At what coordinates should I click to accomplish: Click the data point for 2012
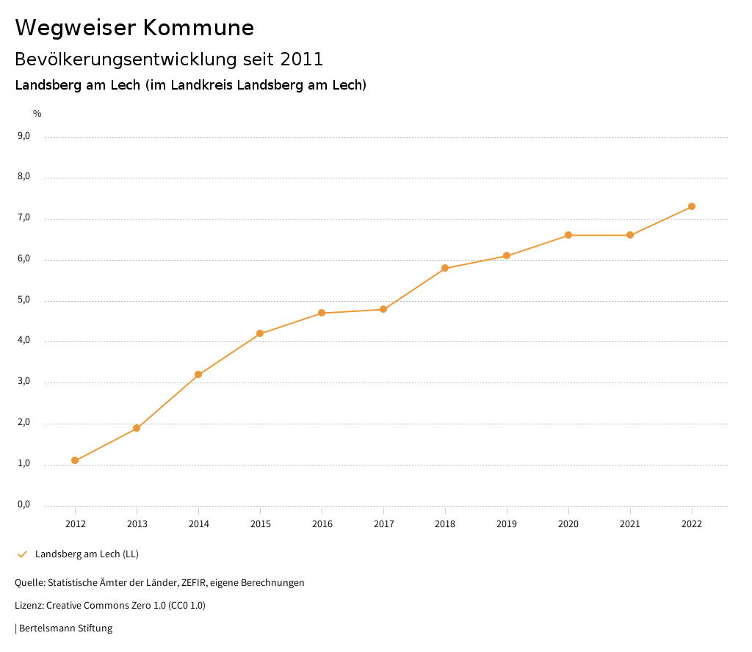(75, 460)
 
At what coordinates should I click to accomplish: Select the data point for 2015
(260, 333)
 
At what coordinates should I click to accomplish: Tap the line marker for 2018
(445, 268)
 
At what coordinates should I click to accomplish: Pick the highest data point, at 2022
(692, 206)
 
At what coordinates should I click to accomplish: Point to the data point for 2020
(568, 235)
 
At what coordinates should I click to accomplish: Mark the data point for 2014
(198, 374)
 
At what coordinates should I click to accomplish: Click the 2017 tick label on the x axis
(383, 524)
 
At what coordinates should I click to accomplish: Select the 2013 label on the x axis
(137, 524)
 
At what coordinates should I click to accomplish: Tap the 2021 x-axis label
(630, 524)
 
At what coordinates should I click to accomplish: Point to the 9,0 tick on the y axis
(23, 136)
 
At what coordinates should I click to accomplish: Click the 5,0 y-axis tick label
(23, 300)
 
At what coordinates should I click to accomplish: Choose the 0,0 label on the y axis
(23, 504)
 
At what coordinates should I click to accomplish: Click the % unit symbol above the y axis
(37, 114)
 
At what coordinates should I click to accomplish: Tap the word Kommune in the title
(199, 28)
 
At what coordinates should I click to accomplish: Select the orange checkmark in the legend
(22, 554)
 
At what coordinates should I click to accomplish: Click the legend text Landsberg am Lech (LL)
(87, 554)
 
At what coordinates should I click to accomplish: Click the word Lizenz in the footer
(29, 606)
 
